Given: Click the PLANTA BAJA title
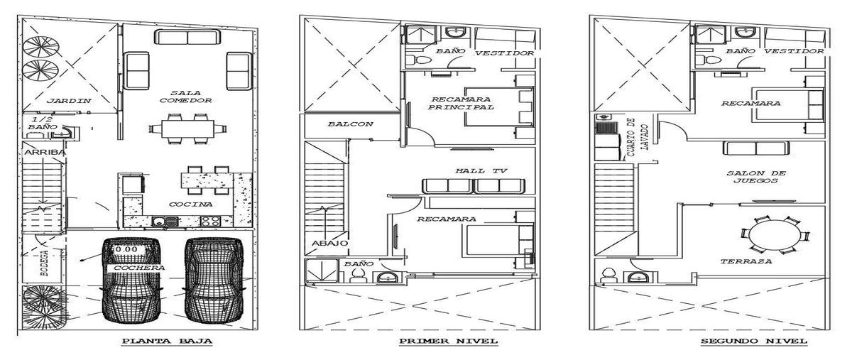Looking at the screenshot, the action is tap(167, 341).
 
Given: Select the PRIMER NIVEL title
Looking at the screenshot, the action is tap(449, 341).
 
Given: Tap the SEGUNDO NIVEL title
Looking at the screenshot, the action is tap(754, 341).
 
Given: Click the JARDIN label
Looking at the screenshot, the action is tap(69, 101).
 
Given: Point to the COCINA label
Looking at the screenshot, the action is tap(190, 204).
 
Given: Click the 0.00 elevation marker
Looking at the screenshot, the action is tap(126, 250).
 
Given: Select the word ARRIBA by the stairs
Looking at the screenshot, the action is tap(45, 152).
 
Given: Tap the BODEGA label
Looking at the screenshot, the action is tap(44, 263).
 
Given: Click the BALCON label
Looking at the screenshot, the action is tap(351, 124).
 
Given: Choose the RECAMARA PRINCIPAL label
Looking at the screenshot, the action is tap(461, 103).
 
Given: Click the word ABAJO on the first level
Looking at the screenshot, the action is tap(330, 243).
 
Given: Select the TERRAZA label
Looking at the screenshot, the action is tap(746, 261).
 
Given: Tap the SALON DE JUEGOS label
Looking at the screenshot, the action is tap(756, 177).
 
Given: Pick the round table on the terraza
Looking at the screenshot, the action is tap(774, 236).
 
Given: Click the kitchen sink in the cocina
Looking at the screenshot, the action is tap(165, 221).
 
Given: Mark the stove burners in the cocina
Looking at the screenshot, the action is tap(210, 221).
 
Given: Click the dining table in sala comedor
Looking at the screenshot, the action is tap(187, 129).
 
